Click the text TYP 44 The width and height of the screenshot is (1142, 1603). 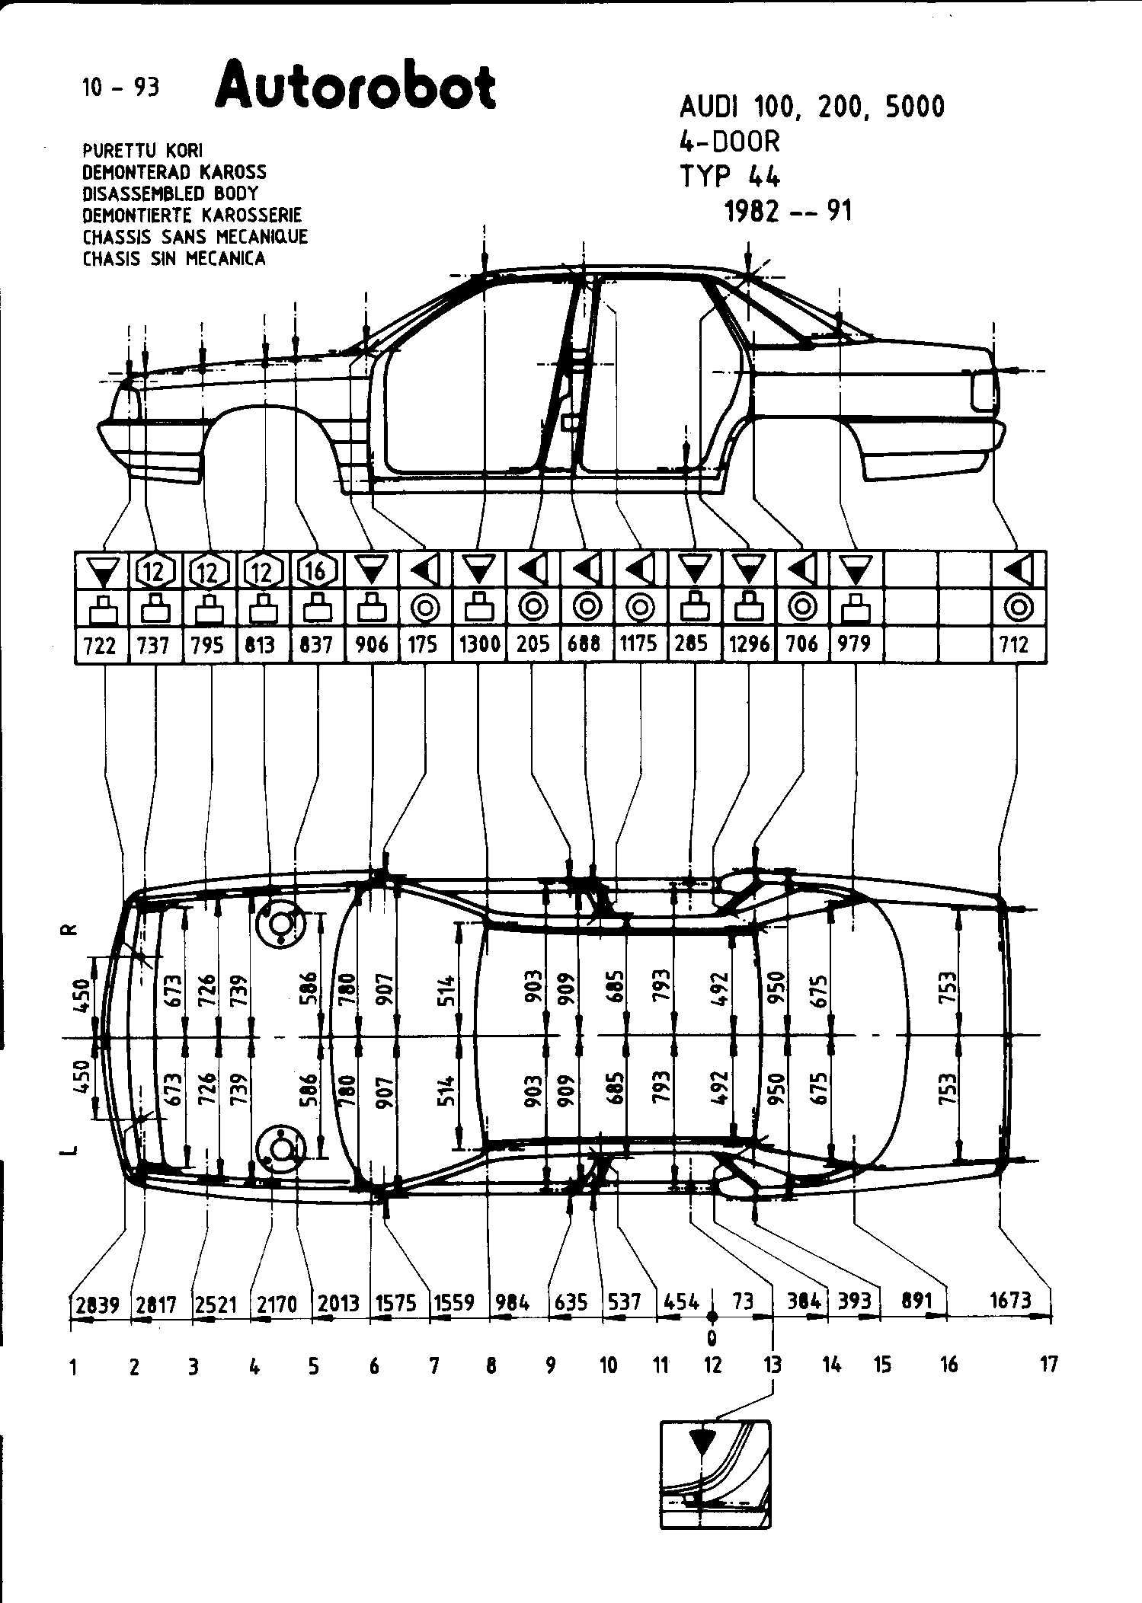pos(729,177)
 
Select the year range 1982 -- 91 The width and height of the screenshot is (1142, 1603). pos(788,211)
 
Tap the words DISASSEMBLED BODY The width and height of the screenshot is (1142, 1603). pos(170,193)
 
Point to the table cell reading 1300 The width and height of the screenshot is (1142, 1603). pos(478,645)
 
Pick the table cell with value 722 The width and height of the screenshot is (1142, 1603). pos(101,646)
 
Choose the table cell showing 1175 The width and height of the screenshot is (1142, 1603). pos(638,644)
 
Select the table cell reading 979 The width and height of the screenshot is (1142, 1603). pos(854,644)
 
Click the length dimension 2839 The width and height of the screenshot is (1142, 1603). pos(98,1304)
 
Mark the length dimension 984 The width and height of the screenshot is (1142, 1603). pos(512,1303)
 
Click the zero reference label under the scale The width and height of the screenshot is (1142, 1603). pos(712,1338)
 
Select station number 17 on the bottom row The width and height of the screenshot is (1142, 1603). pos(1049,1365)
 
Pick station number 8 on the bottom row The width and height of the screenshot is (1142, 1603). pos(491,1366)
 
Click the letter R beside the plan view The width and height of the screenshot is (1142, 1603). pos(69,930)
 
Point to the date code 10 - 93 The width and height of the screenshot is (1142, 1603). pos(121,88)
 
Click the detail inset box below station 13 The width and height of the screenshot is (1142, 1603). pos(715,1485)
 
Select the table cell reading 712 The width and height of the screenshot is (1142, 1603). pos(1016,645)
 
